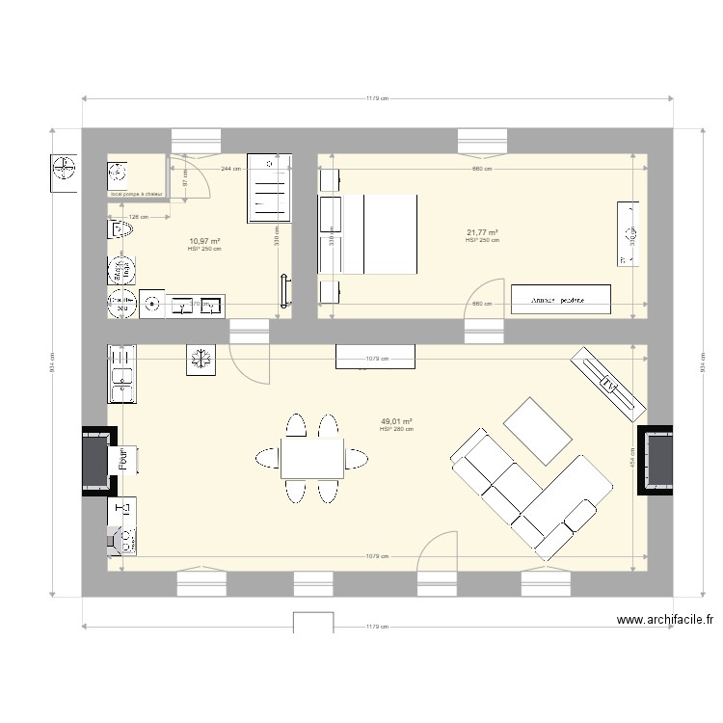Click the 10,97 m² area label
click(204, 241)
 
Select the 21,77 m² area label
click(482, 232)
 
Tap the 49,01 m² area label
click(396, 421)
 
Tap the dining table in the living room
click(312, 458)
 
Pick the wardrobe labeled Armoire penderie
click(561, 299)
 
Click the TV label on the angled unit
click(610, 385)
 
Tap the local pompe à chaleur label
click(136, 195)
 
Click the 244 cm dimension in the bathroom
click(229, 169)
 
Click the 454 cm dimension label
click(632, 462)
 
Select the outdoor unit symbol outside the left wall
click(64, 172)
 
